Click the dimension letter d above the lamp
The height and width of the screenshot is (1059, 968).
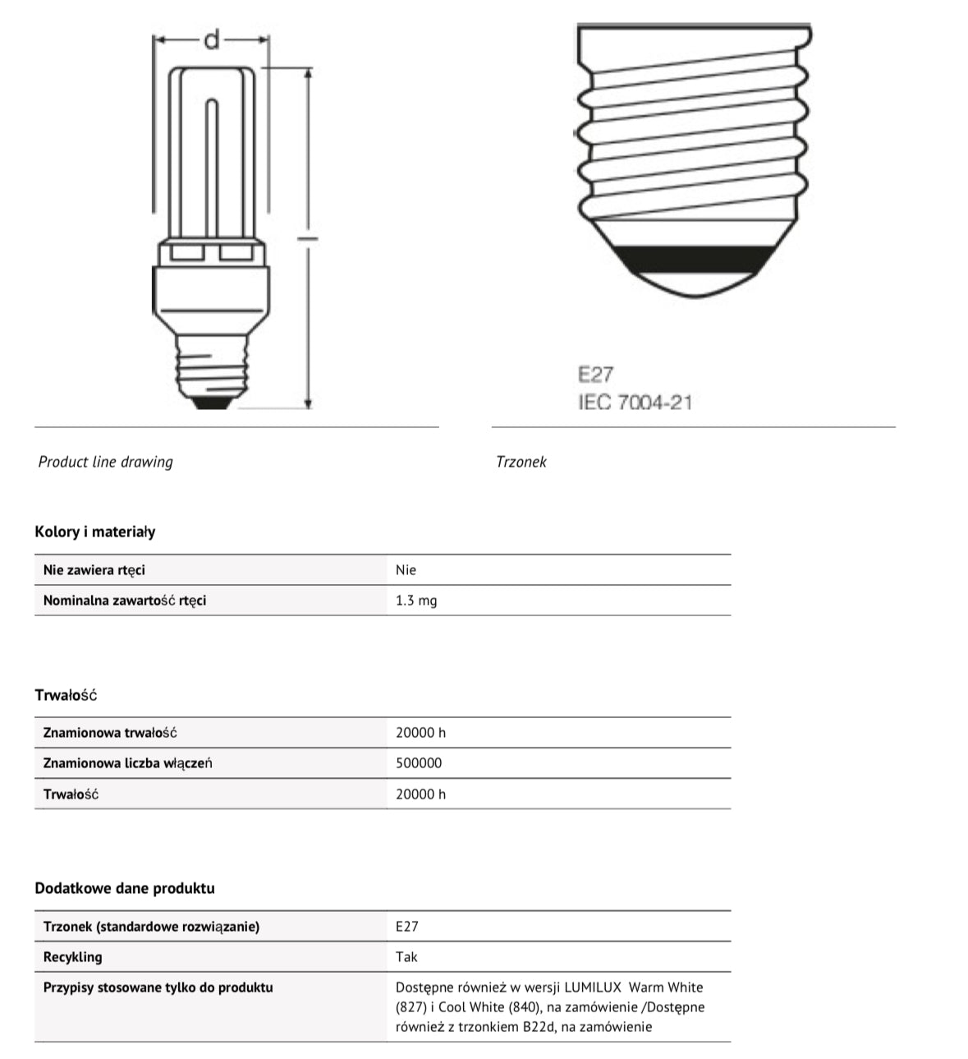212,39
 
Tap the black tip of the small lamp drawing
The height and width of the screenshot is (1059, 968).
211,403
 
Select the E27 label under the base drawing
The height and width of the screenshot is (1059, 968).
595,375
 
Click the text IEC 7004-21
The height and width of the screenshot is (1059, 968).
635,403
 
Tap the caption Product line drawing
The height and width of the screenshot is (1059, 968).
106,462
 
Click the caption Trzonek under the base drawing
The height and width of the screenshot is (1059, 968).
521,462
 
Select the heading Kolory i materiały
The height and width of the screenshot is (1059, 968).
94,532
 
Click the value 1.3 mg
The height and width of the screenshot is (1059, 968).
416,601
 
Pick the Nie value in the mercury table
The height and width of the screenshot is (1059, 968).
406,570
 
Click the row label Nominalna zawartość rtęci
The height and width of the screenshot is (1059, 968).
125,601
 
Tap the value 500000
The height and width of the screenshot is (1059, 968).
419,763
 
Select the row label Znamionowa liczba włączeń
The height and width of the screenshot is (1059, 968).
127,763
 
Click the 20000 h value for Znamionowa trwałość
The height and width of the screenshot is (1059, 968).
420,733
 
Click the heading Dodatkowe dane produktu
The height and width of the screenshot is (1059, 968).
125,888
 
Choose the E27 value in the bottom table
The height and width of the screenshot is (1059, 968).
406,927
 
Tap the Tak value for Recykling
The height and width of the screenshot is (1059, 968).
406,957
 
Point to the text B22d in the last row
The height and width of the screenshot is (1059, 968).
539,1026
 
